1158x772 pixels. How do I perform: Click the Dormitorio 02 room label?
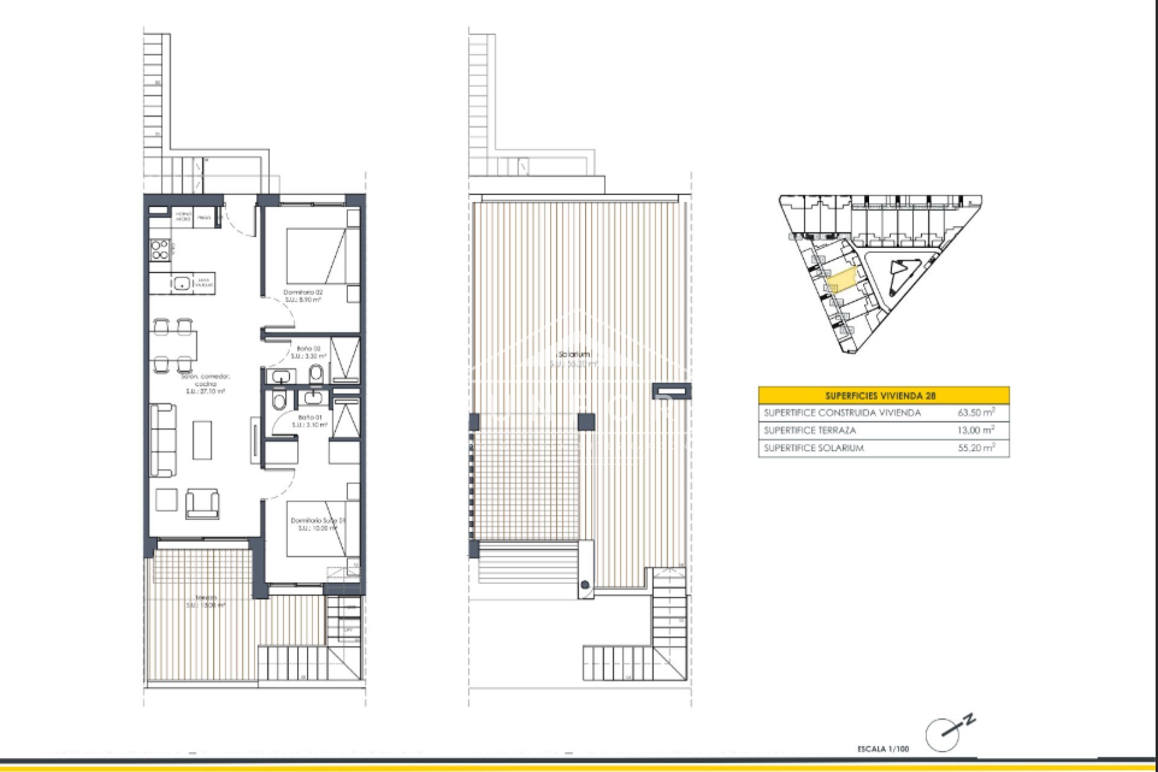coord(303,293)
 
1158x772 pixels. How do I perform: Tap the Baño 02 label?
coord(308,349)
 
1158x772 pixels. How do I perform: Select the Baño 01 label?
coord(310,417)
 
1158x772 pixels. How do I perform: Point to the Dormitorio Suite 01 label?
coord(318,520)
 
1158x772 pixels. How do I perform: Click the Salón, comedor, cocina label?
coord(206,380)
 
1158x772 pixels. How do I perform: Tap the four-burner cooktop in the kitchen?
coord(160,250)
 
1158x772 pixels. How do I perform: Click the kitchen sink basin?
coord(181,282)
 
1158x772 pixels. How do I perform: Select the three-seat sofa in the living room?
coord(163,440)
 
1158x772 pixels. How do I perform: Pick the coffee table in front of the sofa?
coord(202,440)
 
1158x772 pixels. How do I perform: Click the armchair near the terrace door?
coord(202,503)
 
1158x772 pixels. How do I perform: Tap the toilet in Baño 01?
coord(279,400)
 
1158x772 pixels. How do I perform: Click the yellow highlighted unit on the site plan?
coord(842,279)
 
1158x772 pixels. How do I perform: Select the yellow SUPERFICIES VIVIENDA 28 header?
coord(883,396)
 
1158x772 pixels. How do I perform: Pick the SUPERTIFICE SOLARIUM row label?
coord(814,448)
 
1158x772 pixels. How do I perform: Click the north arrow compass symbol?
coord(944,733)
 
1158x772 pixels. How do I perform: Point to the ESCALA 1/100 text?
coord(883,749)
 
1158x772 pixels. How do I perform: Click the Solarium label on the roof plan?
coord(574,355)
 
